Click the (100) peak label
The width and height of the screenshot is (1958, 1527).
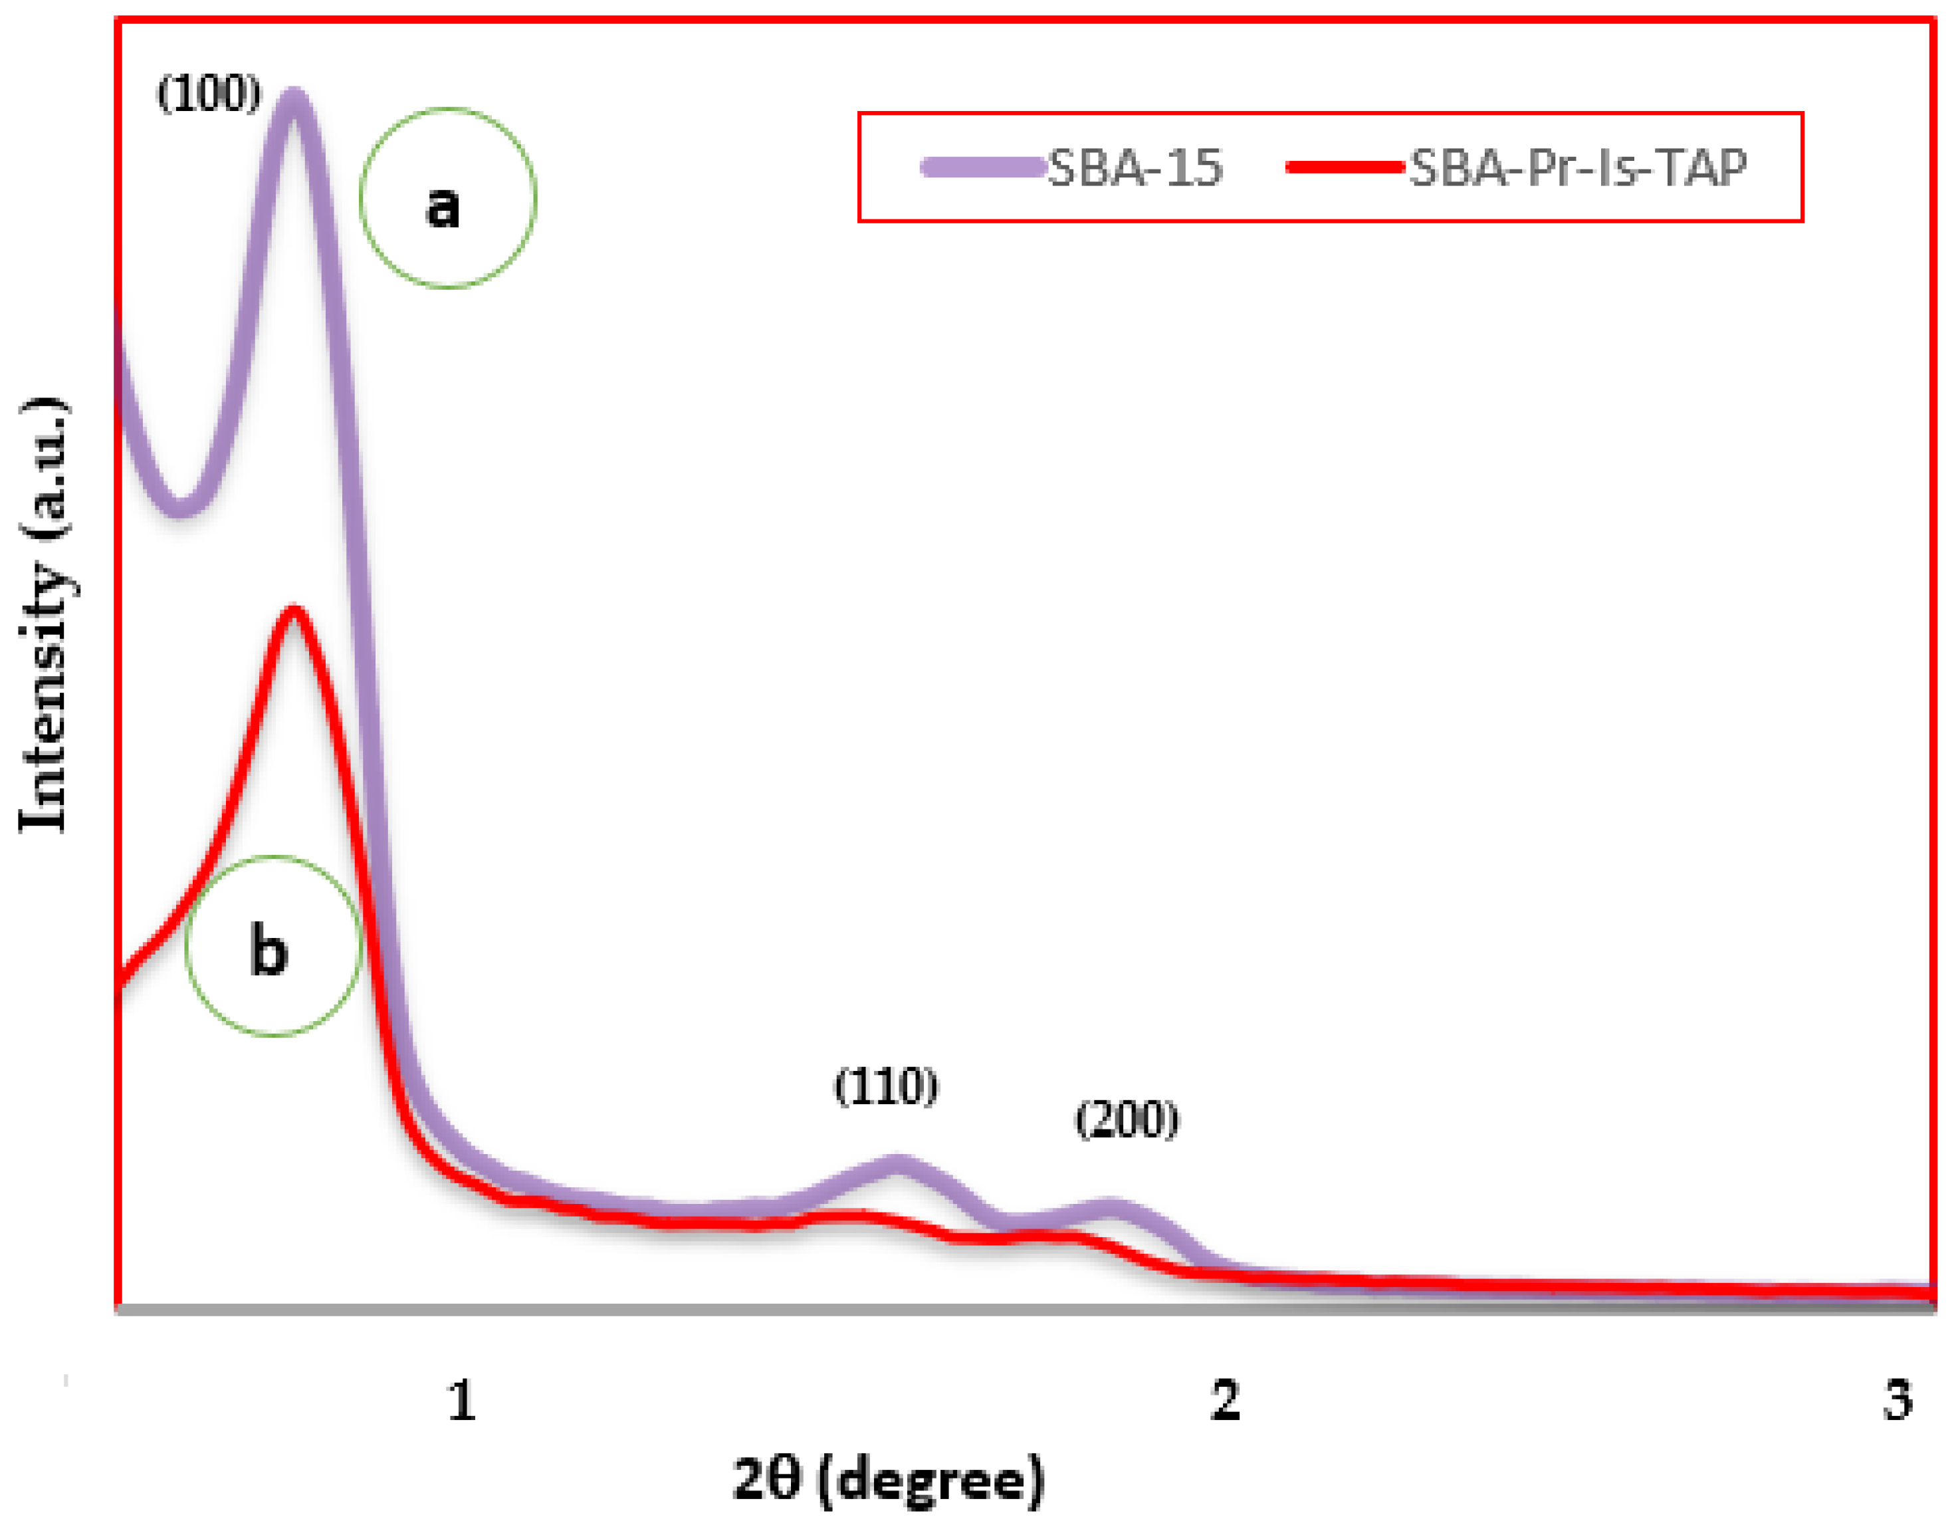209,93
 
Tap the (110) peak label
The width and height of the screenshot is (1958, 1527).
886,1088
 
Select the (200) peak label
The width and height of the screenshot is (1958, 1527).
1127,1120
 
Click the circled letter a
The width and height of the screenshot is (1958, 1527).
443,205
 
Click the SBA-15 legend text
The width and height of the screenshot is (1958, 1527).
1135,168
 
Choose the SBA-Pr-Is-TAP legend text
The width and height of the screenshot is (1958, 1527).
1578,168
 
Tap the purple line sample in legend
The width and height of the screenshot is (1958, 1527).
984,167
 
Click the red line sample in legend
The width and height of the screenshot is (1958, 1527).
1344,167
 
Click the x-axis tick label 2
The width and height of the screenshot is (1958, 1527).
1225,1401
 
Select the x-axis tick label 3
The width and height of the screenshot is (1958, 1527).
1897,1401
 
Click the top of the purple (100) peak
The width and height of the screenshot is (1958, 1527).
293,97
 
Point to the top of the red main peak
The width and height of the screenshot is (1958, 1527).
293,614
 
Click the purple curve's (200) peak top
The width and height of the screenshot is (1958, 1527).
1112,1209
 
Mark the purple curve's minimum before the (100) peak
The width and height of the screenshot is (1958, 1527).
180,507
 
